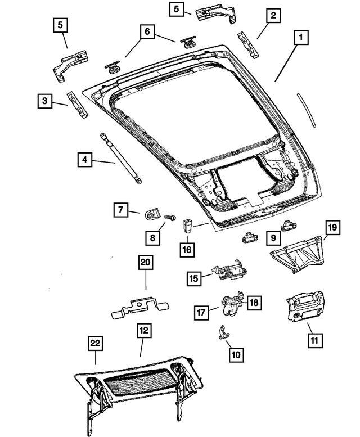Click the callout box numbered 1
(x=301, y=38)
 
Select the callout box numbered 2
(x=272, y=16)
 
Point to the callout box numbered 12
(x=143, y=331)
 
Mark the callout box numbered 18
(x=254, y=303)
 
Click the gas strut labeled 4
(x=121, y=158)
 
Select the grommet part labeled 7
(x=152, y=214)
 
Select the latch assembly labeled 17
(x=231, y=305)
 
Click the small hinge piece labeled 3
(x=77, y=105)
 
